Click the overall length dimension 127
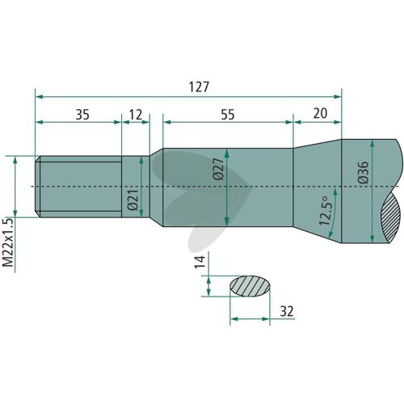199,87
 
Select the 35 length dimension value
82,115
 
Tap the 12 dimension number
136,115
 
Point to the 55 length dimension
228,115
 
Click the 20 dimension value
320,113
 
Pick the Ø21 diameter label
133,200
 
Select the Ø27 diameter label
218,169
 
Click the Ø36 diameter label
363,172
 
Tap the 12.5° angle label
324,211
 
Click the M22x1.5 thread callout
8,242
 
